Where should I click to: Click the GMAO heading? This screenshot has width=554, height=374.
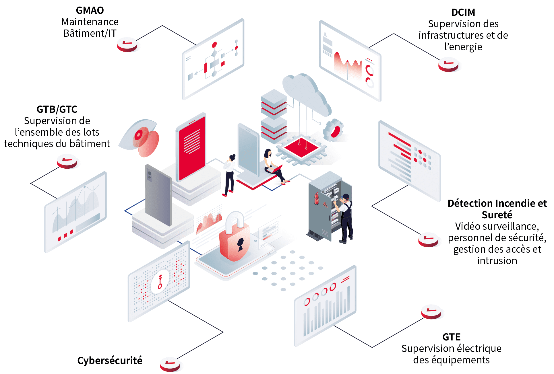[x=90, y=10]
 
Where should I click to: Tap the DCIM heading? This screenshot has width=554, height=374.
[x=463, y=12]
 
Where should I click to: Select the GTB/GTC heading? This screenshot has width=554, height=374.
[x=57, y=109]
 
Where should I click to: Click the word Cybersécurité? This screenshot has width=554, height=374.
[x=110, y=361]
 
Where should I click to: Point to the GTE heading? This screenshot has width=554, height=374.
[x=451, y=337]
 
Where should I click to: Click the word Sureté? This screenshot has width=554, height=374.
[x=497, y=215]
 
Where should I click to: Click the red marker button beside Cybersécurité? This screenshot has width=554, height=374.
[x=170, y=364]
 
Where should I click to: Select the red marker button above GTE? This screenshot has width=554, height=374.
[x=431, y=311]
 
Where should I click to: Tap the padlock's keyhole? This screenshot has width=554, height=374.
[x=240, y=244]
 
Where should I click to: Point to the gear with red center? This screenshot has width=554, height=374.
[x=334, y=131]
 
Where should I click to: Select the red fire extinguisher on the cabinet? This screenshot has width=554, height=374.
[x=317, y=198]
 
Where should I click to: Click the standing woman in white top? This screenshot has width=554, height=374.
[x=229, y=175]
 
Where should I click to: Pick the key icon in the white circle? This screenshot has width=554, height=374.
[x=160, y=281]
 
